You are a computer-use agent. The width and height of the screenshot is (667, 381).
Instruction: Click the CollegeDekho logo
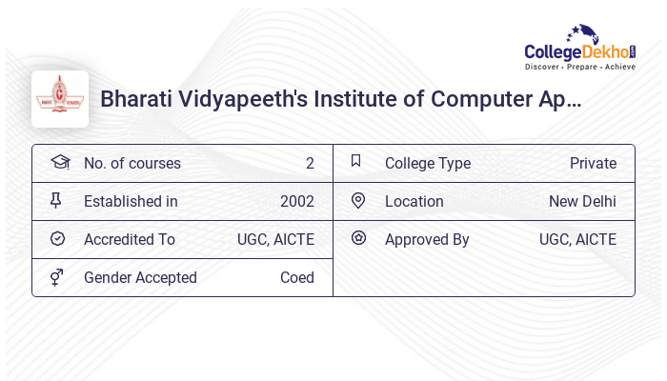[x=580, y=50]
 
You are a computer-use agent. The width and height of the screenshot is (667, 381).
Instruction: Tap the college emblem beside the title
[x=60, y=99]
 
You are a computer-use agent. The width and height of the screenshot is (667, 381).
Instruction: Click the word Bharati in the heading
[x=133, y=99]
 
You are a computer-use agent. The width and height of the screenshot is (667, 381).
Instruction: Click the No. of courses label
[x=131, y=164]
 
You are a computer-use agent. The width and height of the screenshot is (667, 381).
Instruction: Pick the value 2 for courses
[x=310, y=164]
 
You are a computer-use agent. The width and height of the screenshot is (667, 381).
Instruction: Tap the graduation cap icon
[x=59, y=163]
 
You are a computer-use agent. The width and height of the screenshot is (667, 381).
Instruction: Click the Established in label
[x=131, y=202]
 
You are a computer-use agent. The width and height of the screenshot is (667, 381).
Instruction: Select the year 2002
[x=297, y=202]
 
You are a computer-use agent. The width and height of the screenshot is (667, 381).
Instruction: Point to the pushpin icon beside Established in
[x=57, y=201]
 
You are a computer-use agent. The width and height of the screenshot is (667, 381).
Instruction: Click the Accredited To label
[x=130, y=240]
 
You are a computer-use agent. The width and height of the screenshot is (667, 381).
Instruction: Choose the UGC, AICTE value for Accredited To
[x=275, y=240]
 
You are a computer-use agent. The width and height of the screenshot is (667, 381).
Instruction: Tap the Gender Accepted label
[x=140, y=278]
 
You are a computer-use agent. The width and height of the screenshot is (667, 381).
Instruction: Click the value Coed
[x=297, y=278]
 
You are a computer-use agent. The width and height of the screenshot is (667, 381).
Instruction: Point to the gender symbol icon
[x=57, y=277]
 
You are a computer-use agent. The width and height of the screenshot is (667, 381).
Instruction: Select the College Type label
[x=428, y=164]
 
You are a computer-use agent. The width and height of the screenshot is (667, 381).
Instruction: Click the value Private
[x=593, y=164]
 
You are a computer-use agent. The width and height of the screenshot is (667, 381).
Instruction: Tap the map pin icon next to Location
[x=358, y=201]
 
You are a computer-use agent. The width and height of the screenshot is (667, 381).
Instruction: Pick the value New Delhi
[x=582, y=202]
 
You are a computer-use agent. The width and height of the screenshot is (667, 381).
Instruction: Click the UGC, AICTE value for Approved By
[x=577, y=240]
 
